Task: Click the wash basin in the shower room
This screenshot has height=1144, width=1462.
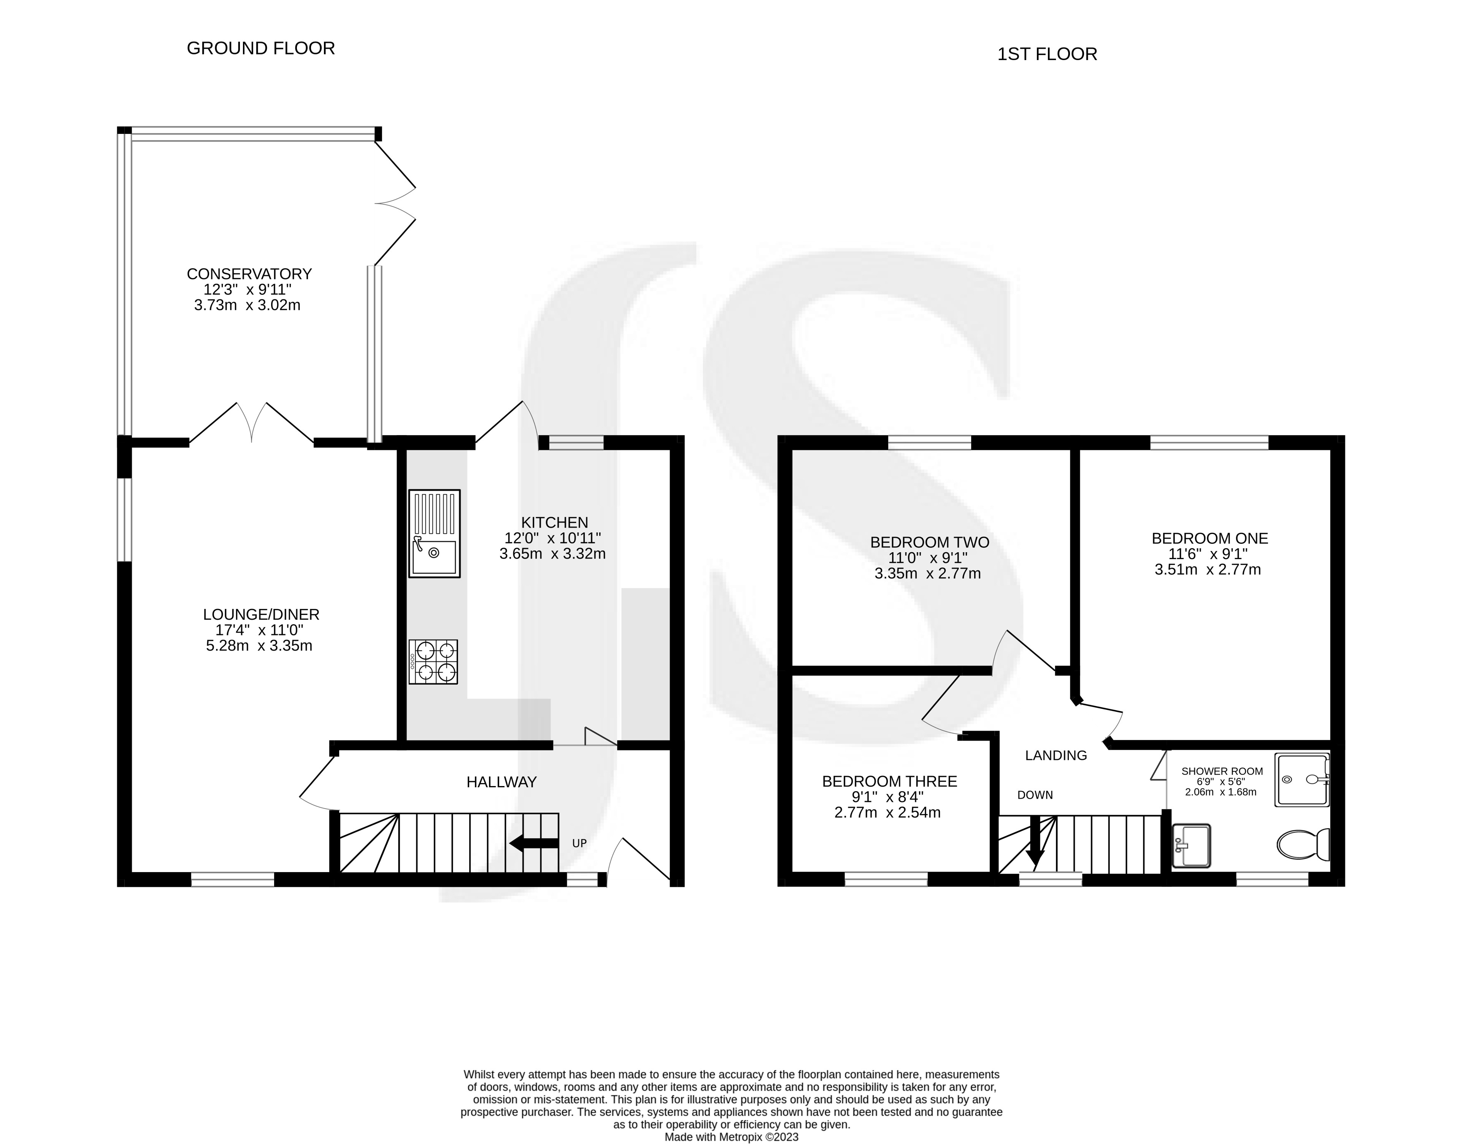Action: point(1191,846)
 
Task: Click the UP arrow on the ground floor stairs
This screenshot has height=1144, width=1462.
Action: point(534,843)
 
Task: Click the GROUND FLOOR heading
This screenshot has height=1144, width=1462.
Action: point(260,48)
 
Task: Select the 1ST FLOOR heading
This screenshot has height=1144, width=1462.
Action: point(1047,54)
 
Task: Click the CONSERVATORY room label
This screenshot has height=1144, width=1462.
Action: point(249,274)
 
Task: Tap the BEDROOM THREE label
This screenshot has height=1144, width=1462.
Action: point(889,781)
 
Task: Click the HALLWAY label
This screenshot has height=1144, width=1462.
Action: point(502,782)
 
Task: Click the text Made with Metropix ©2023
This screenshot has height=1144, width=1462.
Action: point(731,1137)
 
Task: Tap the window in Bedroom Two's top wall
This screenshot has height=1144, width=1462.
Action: point(929,442)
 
